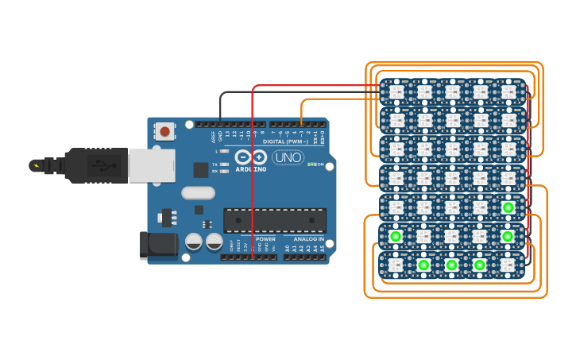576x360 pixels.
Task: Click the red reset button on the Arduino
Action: point(165,131)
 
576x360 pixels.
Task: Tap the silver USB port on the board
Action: point(151,166)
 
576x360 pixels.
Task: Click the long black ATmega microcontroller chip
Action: point(275,220)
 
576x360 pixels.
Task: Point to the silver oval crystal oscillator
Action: point(198,192)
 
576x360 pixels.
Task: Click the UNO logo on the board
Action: point(288,157)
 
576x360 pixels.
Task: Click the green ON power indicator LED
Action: point(311,165)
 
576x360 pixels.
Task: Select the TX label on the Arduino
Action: point(215,165)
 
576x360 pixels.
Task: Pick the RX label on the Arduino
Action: point(215,171)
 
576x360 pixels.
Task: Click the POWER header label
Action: point(265,238)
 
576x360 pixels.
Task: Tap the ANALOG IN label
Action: point(308,238)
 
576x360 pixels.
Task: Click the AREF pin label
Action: point(212,137)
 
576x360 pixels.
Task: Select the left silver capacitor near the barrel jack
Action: point(194,242)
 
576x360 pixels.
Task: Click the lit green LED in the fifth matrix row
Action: point(508,208)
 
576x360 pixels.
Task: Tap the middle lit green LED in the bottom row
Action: point(451,265)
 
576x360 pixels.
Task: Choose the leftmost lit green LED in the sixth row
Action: point(395,236)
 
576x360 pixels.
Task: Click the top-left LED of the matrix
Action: point(396,92)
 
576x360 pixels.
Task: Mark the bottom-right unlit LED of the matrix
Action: point(508,265)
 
